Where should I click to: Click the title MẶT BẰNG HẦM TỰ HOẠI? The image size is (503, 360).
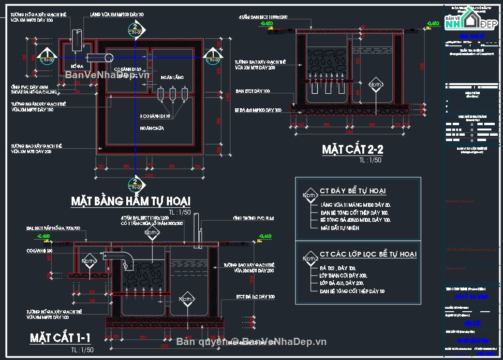(131, 201)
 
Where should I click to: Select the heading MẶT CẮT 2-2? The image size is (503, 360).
(353, 149)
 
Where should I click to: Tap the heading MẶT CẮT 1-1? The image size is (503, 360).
(60, 337)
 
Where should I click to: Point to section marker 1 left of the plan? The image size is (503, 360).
(46, 57)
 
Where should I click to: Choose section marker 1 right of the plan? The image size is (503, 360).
(212, 57)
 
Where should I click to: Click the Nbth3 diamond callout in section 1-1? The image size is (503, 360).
(89, 261)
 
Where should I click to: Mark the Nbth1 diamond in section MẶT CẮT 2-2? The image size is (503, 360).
(376, 85)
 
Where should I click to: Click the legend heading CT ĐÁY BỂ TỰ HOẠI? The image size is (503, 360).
(353, 191)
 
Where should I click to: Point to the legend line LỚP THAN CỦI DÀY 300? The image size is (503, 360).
(343, 275)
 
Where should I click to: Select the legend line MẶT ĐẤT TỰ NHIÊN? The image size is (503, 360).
(340, 228)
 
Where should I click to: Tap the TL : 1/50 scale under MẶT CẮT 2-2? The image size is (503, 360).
(370, 160)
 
